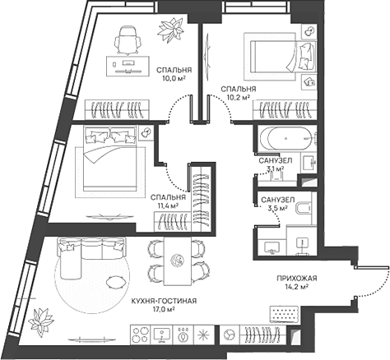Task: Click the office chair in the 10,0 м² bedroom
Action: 128,40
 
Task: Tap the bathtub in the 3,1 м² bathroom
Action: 286,138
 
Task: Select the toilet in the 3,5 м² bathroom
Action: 303,208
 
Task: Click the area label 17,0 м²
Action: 165,309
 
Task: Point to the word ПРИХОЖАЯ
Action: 297,279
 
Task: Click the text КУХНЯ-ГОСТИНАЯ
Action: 164,301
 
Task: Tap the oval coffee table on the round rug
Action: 116,282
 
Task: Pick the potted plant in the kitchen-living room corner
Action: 41,320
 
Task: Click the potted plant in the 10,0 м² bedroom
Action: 170,29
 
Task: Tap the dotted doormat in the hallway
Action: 284,313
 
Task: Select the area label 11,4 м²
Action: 165,205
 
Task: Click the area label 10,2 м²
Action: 238,97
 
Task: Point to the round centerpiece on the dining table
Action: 178,261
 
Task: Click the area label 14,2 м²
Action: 297,287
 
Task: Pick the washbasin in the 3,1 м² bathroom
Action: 309,163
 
